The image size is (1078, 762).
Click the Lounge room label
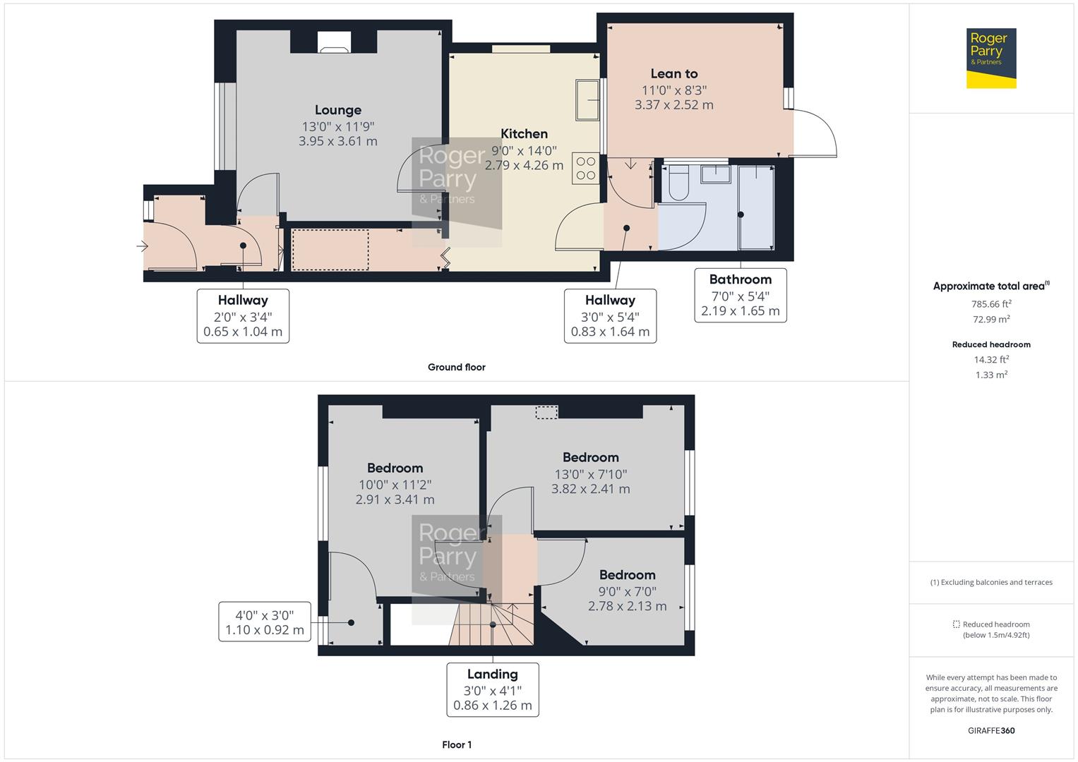click(x=337, y=110)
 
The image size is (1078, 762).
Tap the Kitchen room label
click(x=524, y=134)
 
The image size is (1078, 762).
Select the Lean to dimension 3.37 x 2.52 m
click(x=673, y=105)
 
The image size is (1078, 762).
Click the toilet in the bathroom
click(x=678, y=183)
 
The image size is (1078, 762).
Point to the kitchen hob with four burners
click(x=586, y=169)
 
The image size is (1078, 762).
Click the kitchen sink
click(x=587, y=100)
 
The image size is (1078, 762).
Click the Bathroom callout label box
click(x=740, y=295)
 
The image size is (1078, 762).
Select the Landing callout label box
click(x=492, y=689)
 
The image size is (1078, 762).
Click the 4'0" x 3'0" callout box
click(x=265, y=622)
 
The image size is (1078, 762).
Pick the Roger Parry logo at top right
click(x=990, y=58)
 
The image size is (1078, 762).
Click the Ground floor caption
click(x=456, y=367)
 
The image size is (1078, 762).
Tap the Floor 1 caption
click(x=456, y=744)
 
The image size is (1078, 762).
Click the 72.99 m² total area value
click(x=991, y=320)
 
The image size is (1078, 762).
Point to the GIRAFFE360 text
click(x=991, y=730)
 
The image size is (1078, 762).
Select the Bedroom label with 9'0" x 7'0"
click(x=627, y=575)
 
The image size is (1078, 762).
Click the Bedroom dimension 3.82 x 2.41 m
click(x=590, y=489)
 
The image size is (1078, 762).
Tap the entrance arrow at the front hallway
click(x=143, y=246)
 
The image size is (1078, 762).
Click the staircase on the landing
click(x=491, y=624)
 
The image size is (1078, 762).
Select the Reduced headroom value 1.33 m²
click(x=991, y=375)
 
